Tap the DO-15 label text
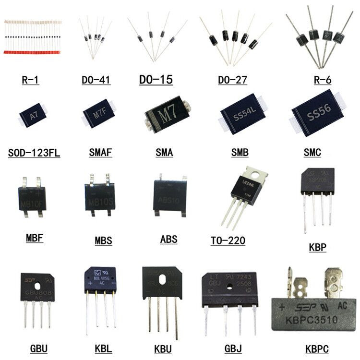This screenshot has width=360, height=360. click(x=156, y=79)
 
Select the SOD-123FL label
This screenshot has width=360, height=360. click(x=34, y=153)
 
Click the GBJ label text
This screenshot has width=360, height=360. click(x=234, y=348)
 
